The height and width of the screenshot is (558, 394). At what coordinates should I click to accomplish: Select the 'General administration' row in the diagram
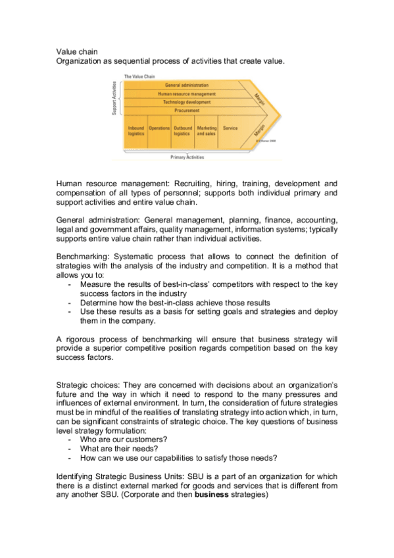[186, 86]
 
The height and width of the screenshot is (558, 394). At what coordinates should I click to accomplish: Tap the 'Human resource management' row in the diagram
[186, 94]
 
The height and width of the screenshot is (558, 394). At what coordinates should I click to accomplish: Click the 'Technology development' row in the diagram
[186, 103]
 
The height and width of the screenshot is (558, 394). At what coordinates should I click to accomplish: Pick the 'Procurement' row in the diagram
[186, 111]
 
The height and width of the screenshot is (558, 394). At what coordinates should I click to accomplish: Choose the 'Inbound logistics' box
[136, 130]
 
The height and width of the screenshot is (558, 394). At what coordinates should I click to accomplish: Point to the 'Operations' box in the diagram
[159, 128]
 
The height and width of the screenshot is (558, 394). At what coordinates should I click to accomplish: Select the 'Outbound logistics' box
[183, 130]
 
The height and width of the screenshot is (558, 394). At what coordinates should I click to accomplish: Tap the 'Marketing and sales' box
[207, 130]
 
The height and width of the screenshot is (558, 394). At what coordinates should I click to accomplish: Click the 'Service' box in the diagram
[230, 128]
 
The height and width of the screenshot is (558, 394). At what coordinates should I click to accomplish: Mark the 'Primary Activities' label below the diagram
[187, 158]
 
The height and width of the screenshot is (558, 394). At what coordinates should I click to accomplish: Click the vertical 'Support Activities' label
[114, 99]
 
